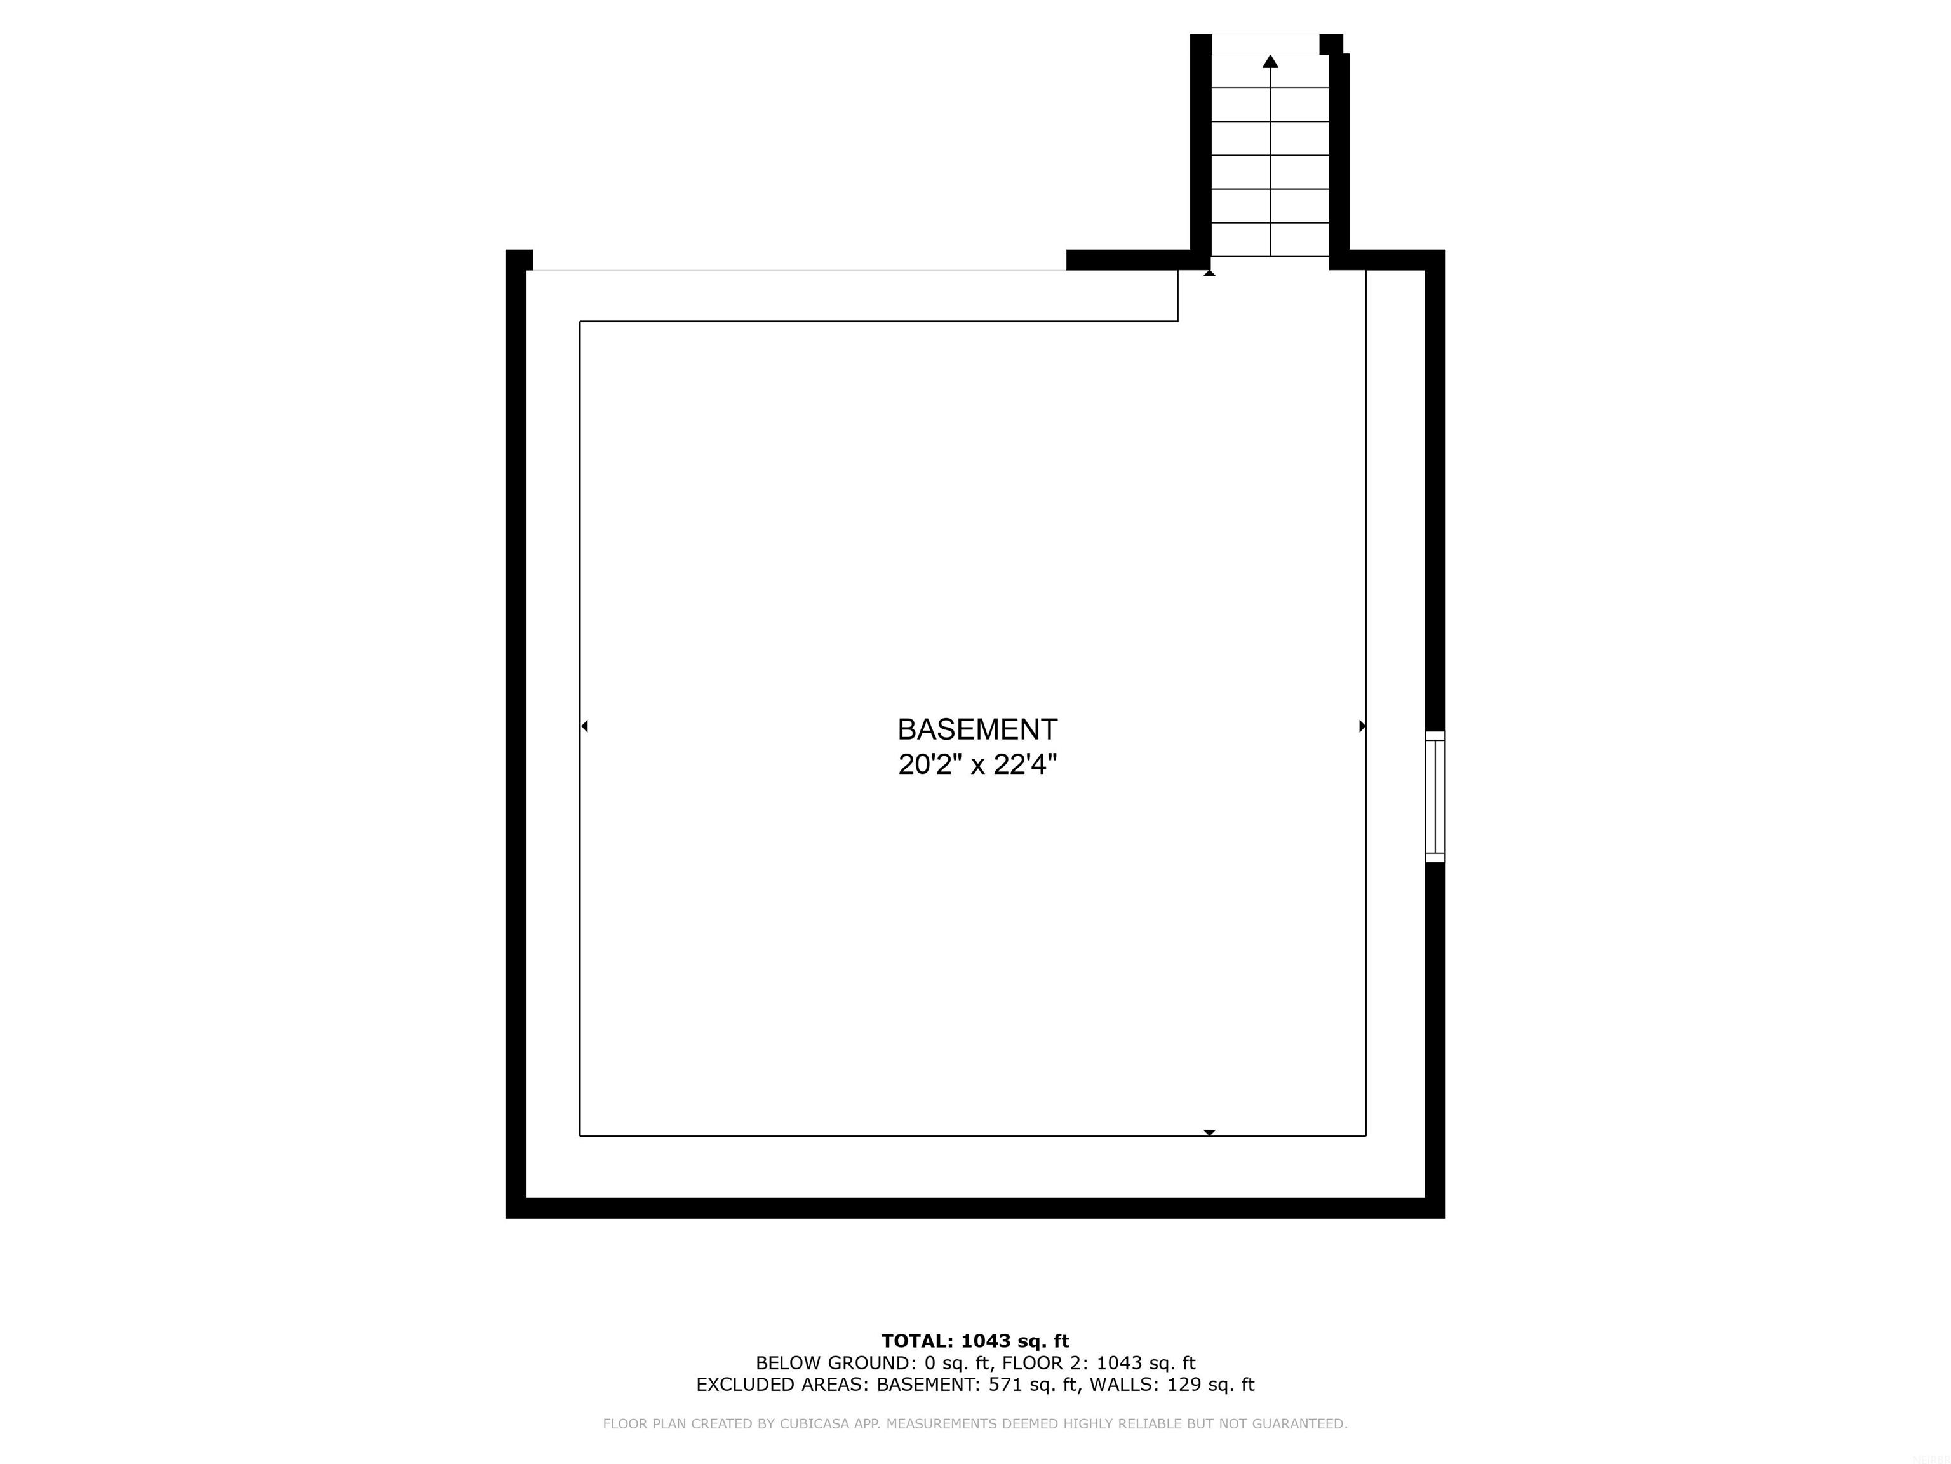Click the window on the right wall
[1435, 796]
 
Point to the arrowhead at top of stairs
[1270, 61]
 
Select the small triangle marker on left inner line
[584, 726]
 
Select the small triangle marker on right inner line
[1363, 726]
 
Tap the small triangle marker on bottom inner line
[1209, 1132]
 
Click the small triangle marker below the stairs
[1209, 273]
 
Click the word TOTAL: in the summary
[916, 1341]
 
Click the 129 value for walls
[1184, 1385]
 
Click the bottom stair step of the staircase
[1270, 240]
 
